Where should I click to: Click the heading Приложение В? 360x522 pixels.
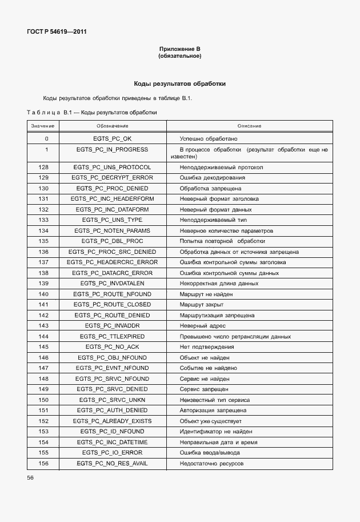(179, 50)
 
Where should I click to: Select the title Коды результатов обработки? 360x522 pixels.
(179, 83)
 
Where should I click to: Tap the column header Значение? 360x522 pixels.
(43, 126)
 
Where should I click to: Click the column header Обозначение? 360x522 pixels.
(112, 126)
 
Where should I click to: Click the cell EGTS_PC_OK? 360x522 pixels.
(112, 139)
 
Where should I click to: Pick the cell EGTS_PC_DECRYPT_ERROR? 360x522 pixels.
(112, 178)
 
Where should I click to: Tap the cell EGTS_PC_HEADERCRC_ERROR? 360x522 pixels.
(112, 262)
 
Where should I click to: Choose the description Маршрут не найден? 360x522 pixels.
(207, 294)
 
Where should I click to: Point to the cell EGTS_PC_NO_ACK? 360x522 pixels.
(112, 346)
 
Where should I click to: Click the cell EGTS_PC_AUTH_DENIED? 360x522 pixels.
(112, 410)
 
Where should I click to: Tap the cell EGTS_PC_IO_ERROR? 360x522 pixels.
(112, 452)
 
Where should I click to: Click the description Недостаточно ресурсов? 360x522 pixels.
(212, 463)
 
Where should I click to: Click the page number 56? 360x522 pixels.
(31, 478)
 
